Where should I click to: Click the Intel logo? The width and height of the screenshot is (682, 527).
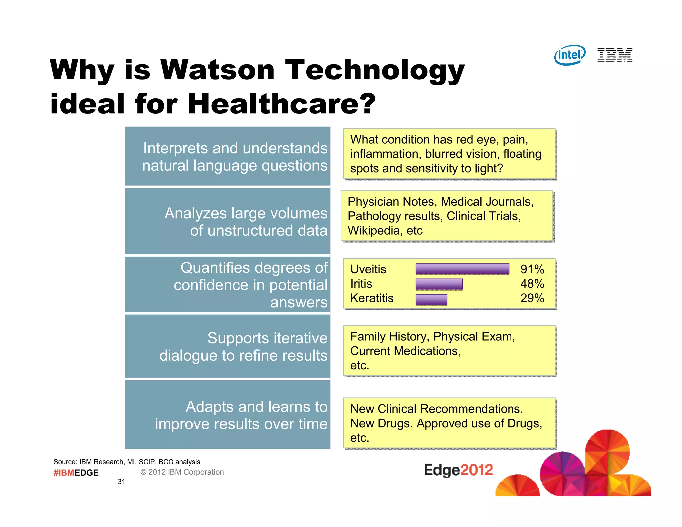tap(570, 55)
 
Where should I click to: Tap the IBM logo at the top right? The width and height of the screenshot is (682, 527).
tap(615, 55)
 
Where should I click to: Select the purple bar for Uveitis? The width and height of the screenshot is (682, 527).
tap(462, 269)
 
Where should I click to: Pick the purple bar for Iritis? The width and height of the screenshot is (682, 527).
tap(439, 284)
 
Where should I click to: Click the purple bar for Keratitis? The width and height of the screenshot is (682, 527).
tap(431, 299)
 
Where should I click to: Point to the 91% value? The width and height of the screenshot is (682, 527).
tap(532, 269)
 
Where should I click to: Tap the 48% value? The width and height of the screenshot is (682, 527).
tap(532, 284)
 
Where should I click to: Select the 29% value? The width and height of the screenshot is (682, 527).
tap(532, 298)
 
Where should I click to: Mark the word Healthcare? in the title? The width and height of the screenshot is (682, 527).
tap(282, 104)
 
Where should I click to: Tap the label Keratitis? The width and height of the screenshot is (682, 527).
tap(372, 298)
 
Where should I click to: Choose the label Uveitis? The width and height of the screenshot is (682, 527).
tap(368, 269)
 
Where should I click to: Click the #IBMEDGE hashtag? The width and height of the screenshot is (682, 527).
tap(76, 473)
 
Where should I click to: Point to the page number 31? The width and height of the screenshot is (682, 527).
tap(121, 482)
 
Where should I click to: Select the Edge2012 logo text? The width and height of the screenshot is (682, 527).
tap(458, 470)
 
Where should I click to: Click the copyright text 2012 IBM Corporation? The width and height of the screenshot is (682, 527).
tap(182, 472)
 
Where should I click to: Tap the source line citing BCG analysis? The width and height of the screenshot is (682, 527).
tap(127, 462)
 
